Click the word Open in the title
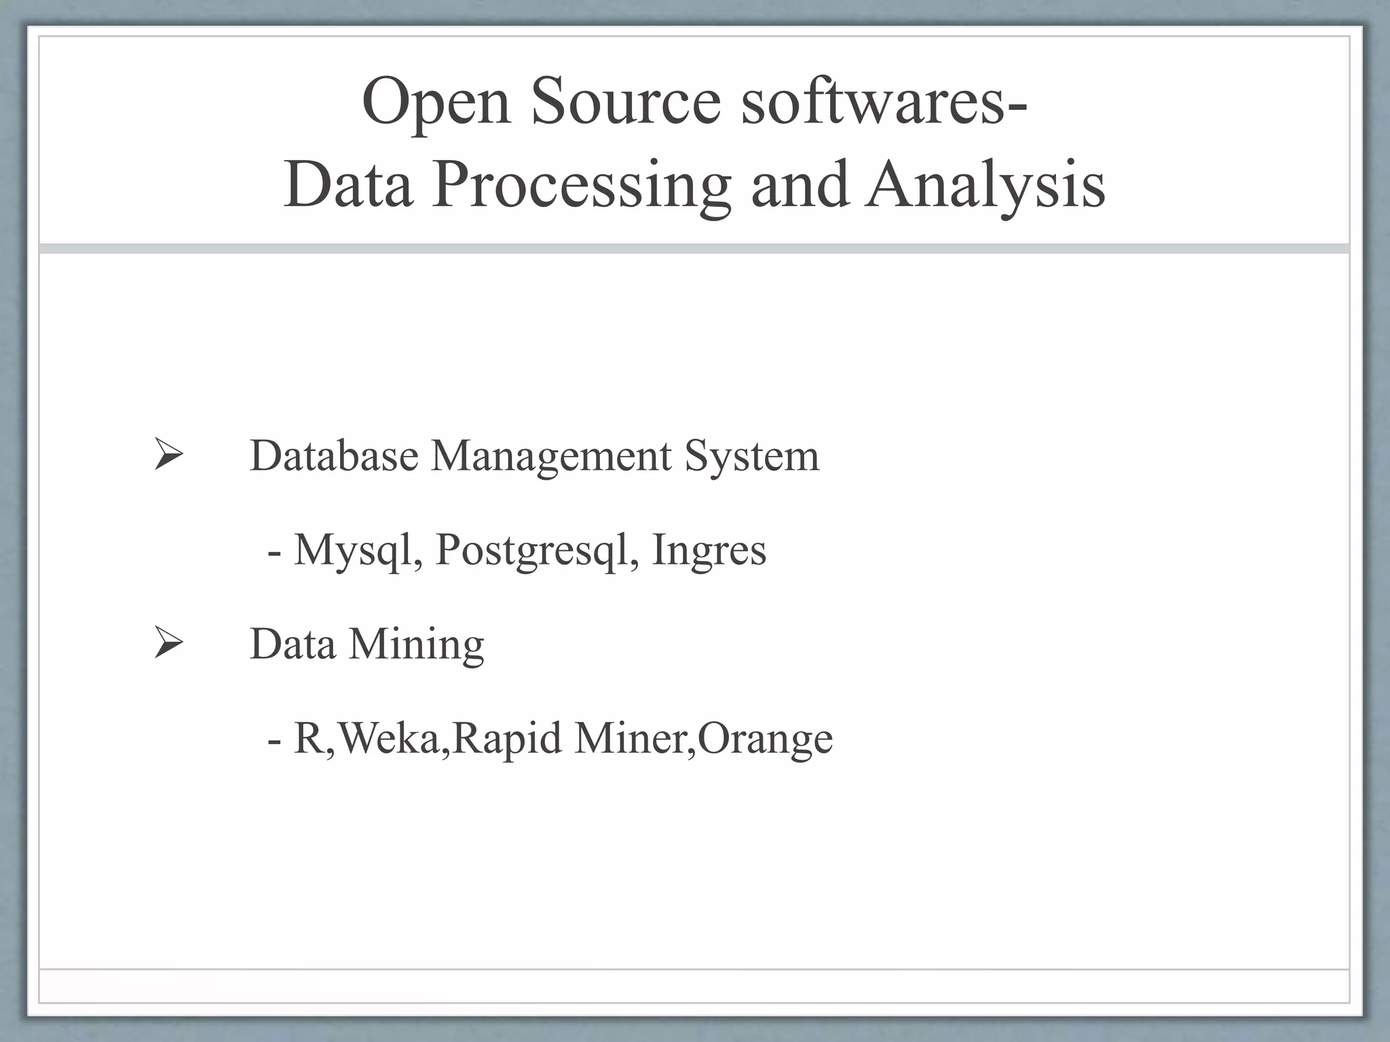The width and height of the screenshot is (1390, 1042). click(436, 102)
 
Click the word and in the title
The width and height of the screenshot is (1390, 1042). click(800, 185)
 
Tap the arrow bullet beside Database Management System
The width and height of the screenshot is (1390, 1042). click(168, 455)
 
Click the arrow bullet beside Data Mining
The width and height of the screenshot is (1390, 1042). click(168, 642)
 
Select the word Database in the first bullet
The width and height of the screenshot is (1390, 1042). click(334, 455)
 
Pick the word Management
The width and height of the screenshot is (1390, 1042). click(550, 457)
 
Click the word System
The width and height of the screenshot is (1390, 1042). click(751, 457)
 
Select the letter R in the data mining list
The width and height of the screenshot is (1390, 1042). click(308, 737)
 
